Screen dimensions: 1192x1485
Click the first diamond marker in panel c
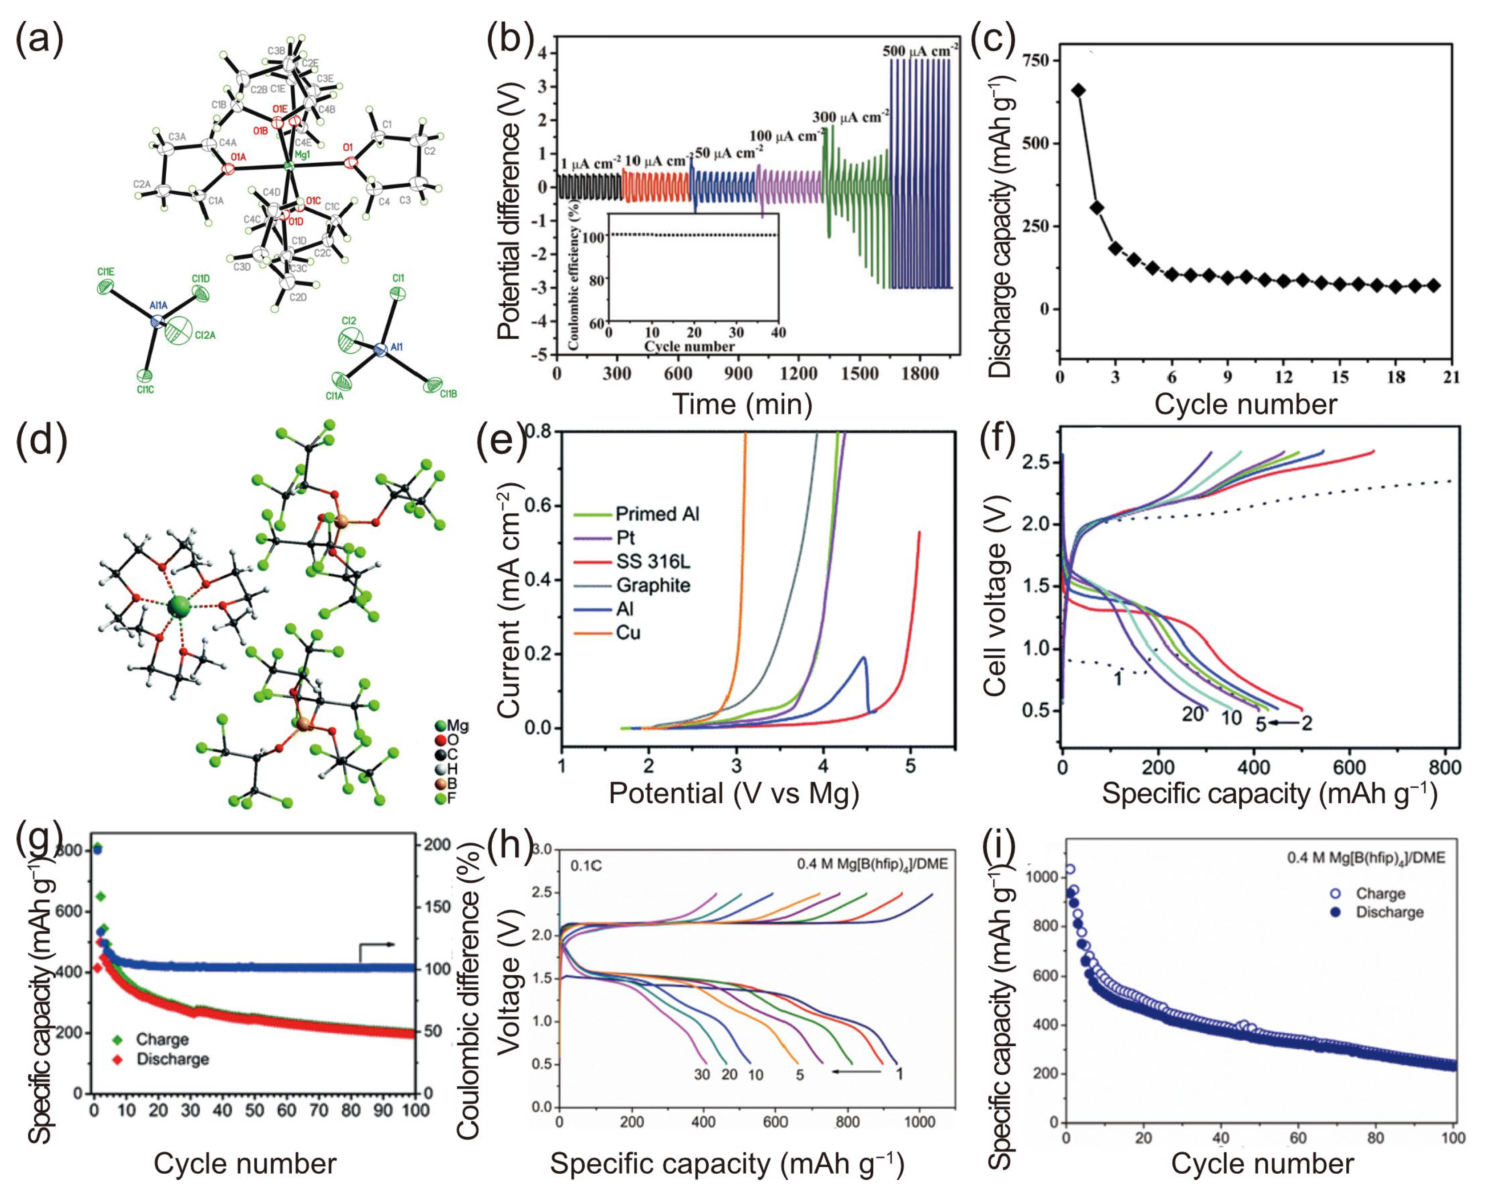coord(1078,90)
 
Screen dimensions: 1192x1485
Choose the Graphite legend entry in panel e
coord(652,585)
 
